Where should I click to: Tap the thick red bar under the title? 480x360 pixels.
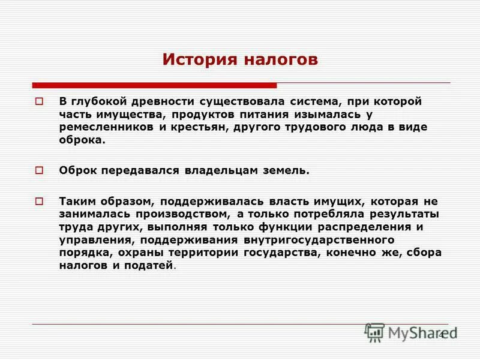coord(154,85)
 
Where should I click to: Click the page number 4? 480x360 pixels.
coord(442,334)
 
